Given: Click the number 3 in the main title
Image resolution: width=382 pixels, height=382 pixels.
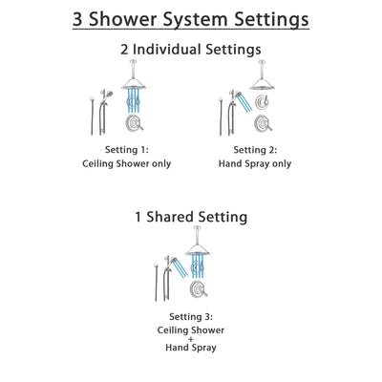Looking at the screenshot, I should click(79, 19).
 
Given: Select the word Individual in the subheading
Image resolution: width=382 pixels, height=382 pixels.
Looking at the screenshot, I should click(192, 50).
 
